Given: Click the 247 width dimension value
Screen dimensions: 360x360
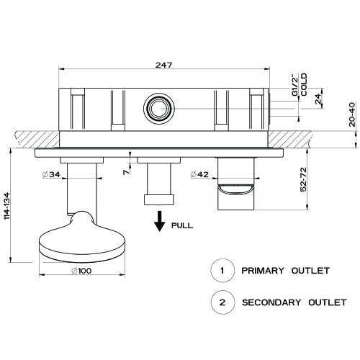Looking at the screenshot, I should (165, 65).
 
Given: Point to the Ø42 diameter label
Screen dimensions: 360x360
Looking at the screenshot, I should (201, 174).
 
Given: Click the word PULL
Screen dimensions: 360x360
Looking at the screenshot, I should (183, 225).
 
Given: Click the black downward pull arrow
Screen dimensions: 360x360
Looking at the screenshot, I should (156, 220).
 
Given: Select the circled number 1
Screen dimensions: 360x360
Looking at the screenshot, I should (222, 271).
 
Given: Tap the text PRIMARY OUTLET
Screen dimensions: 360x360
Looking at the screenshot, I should (286, 271).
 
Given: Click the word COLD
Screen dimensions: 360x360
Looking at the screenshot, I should (305, 84).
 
